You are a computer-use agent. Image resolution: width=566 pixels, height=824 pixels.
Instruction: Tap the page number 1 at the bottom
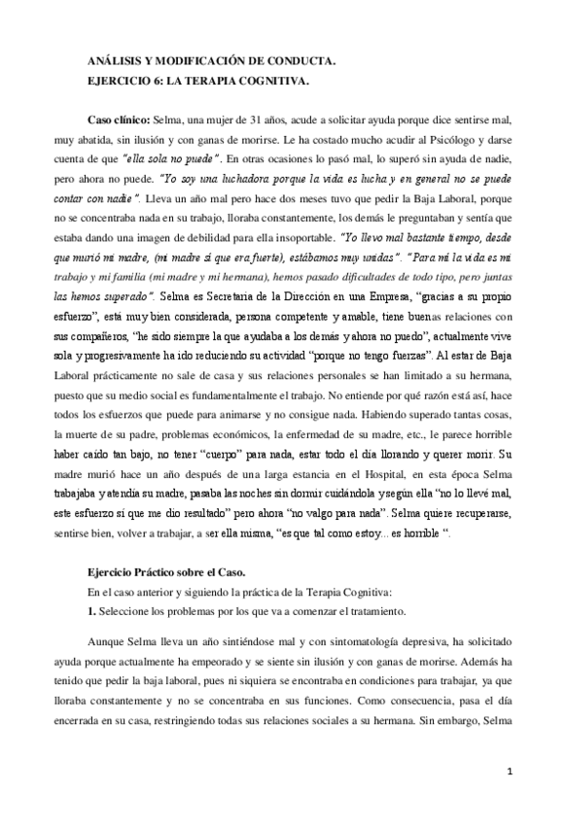(510, 770)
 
